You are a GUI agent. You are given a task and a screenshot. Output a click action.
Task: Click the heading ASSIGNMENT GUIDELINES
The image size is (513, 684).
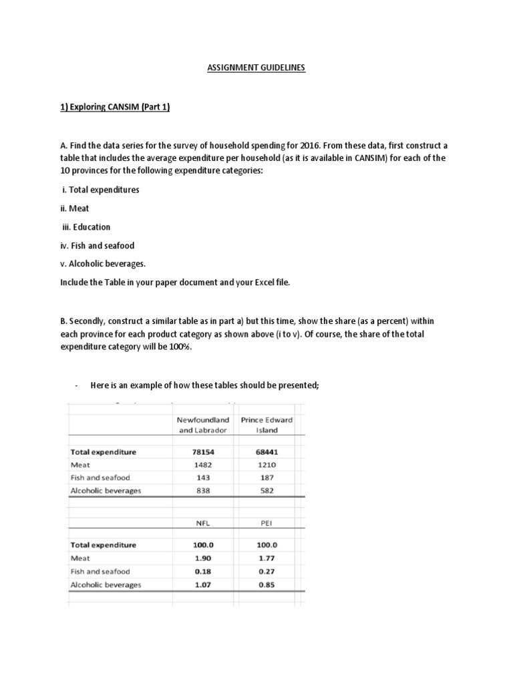(256, 67)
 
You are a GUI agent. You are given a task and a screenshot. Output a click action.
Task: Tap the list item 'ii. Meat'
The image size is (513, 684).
(75, 208)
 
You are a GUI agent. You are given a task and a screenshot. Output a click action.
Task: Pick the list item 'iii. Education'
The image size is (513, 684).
(85, 227)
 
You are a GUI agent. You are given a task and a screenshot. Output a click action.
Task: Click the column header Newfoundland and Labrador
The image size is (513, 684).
(202, 425)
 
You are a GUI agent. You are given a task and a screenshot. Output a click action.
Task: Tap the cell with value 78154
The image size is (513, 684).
(202, 452)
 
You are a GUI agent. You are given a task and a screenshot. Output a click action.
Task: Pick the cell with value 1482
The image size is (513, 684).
(202, 465)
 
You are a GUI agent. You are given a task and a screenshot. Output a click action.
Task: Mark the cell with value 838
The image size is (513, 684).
(202, 491)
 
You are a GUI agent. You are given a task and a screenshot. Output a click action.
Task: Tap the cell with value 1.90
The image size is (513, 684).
(202, 558)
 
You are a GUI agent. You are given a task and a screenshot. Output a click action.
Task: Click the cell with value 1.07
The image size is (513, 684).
(202, 584)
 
